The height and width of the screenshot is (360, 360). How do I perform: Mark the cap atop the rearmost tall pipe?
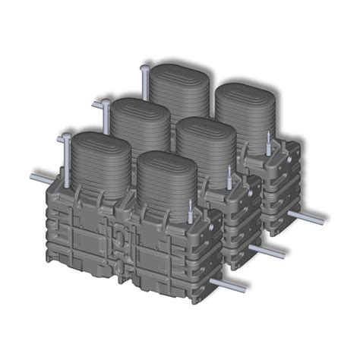pos(144,68)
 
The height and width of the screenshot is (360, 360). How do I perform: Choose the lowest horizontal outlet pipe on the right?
pos(232,286)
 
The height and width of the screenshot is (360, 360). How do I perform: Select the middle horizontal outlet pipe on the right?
pos(269,250)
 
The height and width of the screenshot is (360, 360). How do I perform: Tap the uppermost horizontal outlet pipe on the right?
pos(307,217)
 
